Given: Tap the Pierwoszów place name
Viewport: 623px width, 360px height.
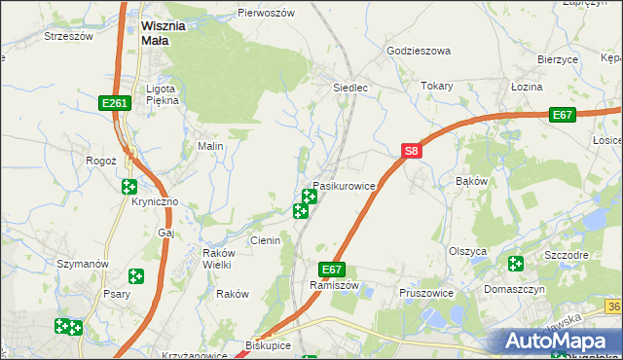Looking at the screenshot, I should pos(266,14).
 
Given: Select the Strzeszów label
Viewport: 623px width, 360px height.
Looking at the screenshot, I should pos(68,36).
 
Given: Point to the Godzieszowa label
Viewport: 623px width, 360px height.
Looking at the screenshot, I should pos(419,51).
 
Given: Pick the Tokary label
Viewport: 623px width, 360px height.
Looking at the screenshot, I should pos(437,86).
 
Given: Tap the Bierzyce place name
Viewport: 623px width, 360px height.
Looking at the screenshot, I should pos(558,59).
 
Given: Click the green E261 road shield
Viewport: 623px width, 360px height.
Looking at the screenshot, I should pos(114,103).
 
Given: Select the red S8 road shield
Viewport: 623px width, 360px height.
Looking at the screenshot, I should pos(412,151).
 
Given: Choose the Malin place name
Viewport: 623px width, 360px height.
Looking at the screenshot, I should pos(211,147).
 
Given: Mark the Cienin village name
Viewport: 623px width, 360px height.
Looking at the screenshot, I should pos(265,240).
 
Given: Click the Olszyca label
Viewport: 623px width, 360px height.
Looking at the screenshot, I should pos(467,250).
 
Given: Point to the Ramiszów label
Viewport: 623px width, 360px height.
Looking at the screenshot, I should pos(335,286).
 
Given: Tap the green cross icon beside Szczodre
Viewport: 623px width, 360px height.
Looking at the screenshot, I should pos(515,264).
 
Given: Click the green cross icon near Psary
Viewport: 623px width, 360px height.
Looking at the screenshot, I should pos(135,277).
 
